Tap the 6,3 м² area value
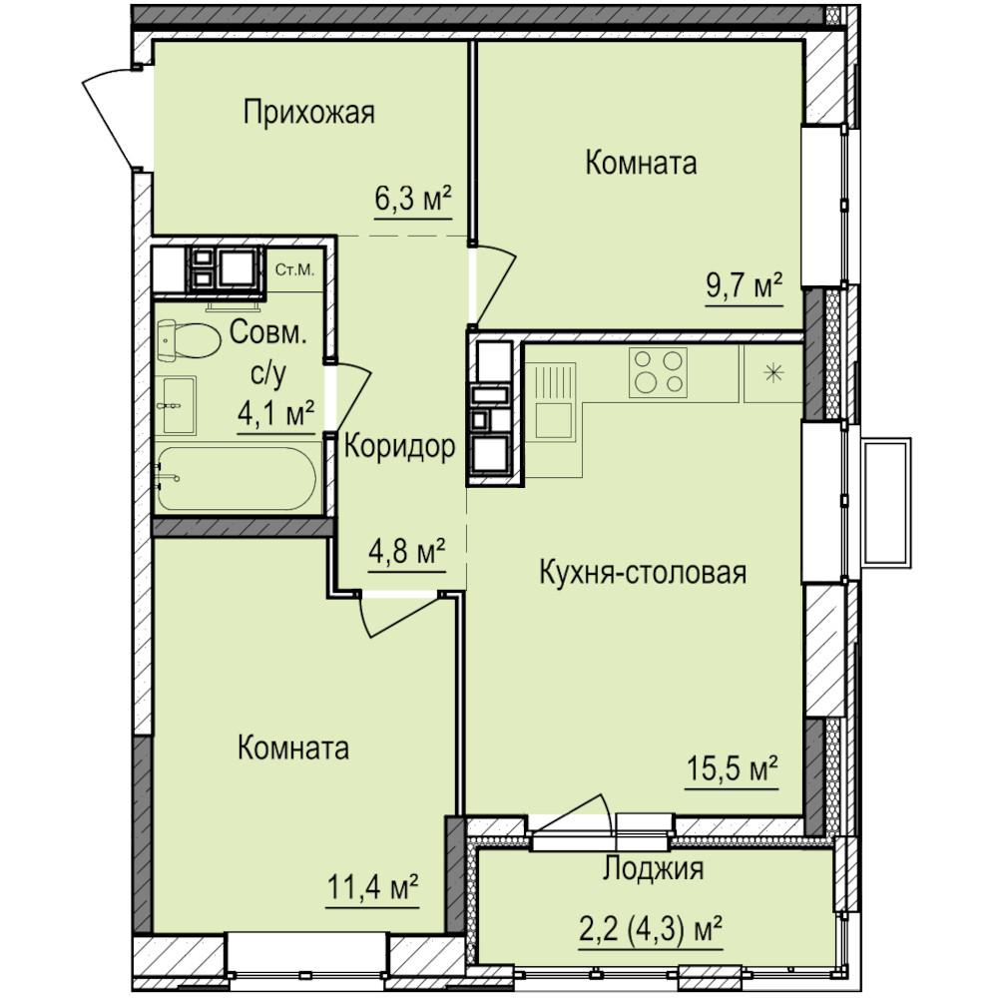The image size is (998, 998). [413, 200]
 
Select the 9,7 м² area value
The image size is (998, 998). [745, 286]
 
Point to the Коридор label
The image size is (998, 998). [400, 447]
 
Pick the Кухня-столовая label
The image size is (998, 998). [643, 572]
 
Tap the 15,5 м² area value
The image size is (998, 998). [732, 768]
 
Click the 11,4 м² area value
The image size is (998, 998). [372, 886]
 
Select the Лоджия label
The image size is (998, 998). [654, 867]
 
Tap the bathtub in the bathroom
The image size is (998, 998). [237, 478]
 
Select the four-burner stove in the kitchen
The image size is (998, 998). [658, 372]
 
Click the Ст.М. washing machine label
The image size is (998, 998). [294, 269]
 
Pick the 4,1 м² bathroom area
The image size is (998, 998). [276, 414]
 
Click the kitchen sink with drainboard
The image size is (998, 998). [555, 401]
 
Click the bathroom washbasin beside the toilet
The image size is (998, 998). [178, 405]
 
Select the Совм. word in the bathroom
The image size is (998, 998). [267, 332]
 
